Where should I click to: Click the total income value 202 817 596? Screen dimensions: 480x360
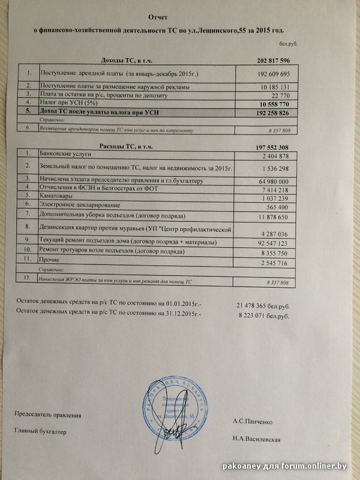tap(268, 61)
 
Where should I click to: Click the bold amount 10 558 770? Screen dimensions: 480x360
tap(270, 103)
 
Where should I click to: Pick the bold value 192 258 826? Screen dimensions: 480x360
tap(268, 112)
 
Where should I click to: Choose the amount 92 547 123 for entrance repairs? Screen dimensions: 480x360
tap(268, 244)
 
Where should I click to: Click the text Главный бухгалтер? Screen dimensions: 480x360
tap(40, 431)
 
